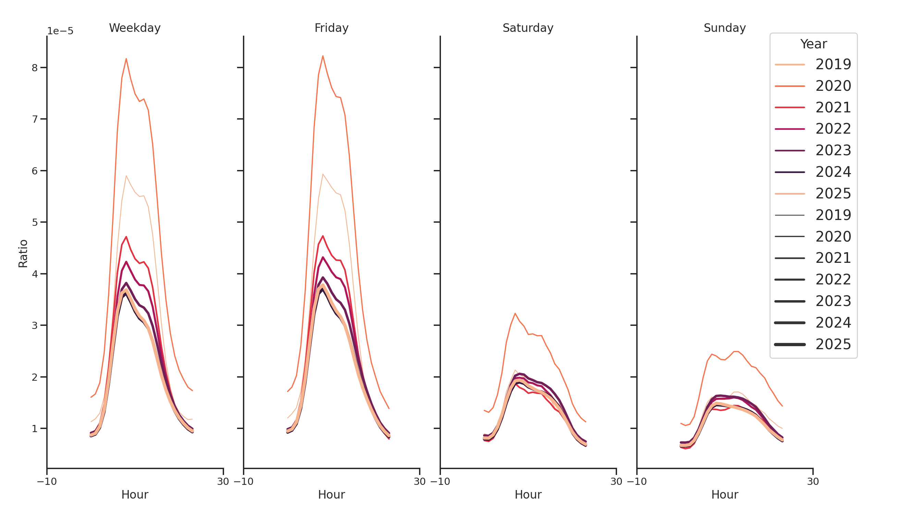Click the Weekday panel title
135,28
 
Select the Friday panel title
331,28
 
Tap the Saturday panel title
528,28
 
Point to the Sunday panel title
725,28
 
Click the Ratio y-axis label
23,253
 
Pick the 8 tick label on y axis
35,68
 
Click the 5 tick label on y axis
35,222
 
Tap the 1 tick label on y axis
35,429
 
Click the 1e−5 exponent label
60,31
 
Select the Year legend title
813,44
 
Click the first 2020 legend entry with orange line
833,86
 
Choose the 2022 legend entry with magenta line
833,129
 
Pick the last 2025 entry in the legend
833,344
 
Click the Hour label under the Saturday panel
528,494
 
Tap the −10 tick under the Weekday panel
47,481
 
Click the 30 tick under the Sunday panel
813,481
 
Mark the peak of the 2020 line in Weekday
126,59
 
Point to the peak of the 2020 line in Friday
323,56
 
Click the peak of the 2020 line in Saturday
515,313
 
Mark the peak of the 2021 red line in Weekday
126,237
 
